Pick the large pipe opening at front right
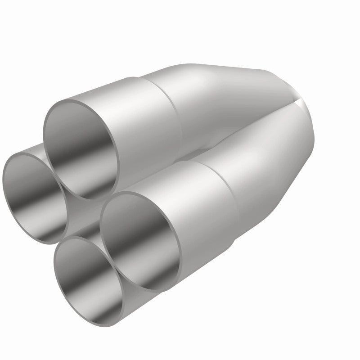[x=135, y=238]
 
